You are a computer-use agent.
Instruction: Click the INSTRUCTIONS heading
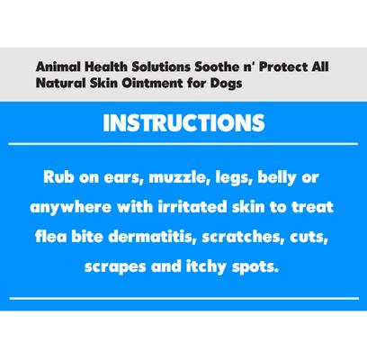click(183, 122)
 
